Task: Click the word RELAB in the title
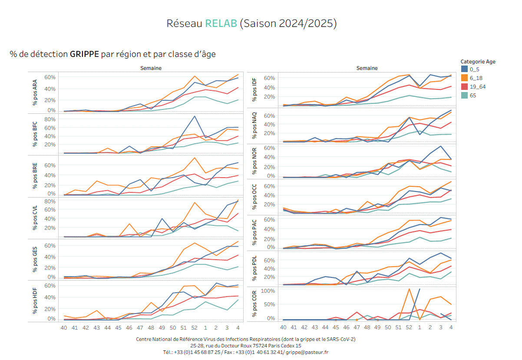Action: (221, 23)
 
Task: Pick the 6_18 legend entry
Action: (476, 78)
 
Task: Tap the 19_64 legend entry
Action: (478, 87)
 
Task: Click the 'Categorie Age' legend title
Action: (478, 62)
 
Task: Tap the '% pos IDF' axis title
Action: (254, 90)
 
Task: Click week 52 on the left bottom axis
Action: (195, 328)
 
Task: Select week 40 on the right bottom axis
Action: (283, 328)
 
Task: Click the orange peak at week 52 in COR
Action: (409, 289)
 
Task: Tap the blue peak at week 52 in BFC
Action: (195, 116)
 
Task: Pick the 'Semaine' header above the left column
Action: (151, 68)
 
